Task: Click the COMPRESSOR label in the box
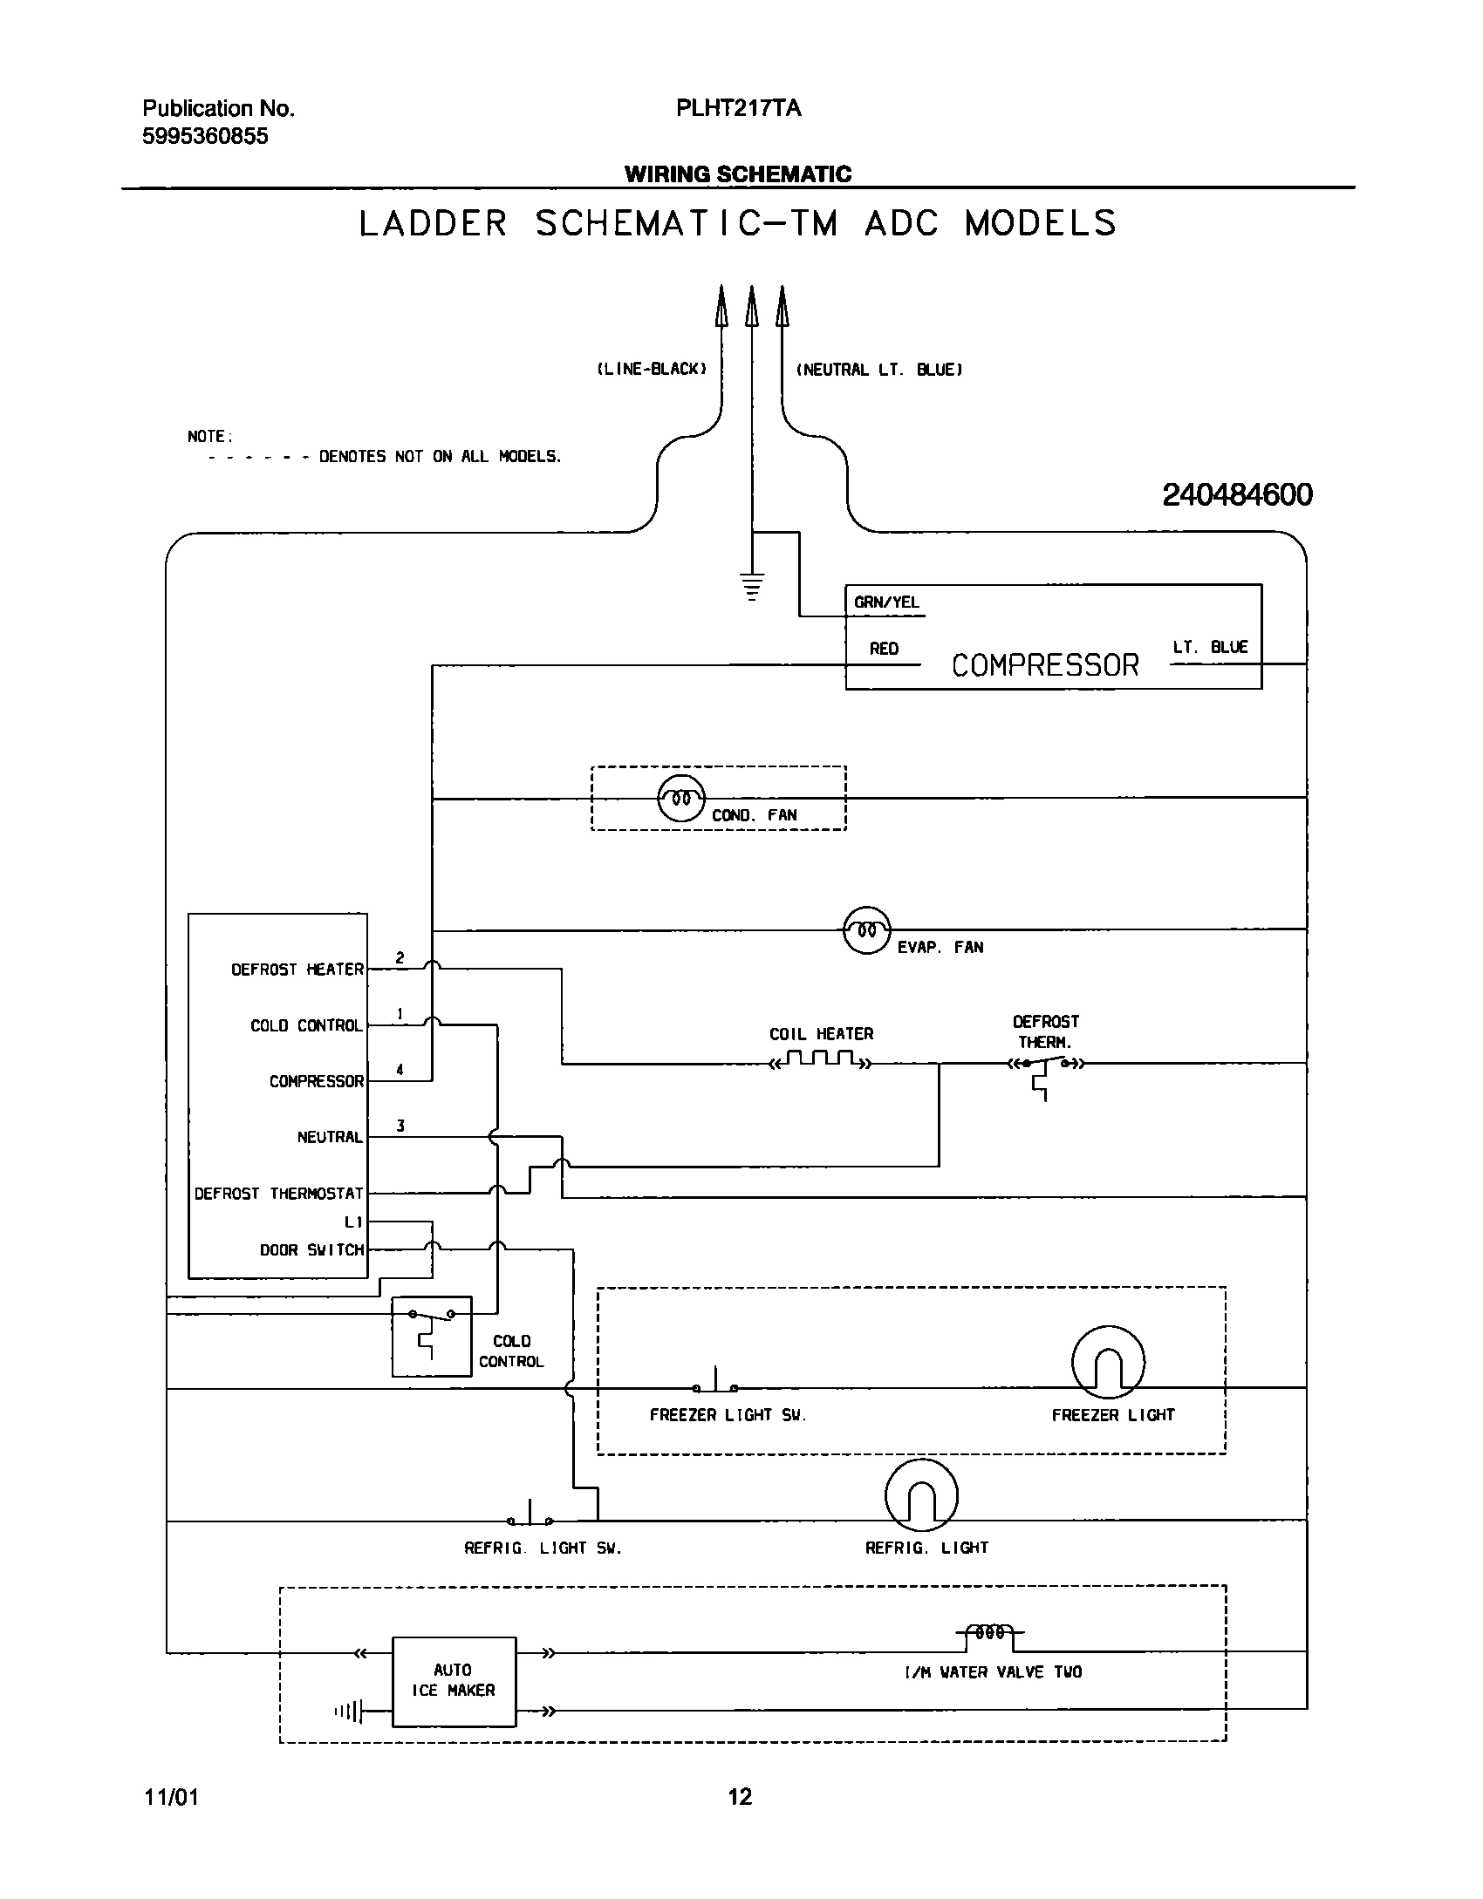click(x=1044, y=665)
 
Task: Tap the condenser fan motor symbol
click(x=680, y=798)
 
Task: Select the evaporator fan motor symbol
click(x=866, y=929)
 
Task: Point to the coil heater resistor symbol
click(x=820, y=1061)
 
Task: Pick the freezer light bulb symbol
click(x=1107, y=1362)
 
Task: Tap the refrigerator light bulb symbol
click(x=921, y=1494)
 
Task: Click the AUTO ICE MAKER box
click(x=454, y=1680)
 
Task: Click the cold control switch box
click(x=431, y=1336)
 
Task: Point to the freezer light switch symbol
click(x=715, y=1385)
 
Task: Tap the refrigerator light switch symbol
click(x=530, y=1518)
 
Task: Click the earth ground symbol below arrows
click(x=751, y=587)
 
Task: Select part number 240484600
click(x=1236, y=495)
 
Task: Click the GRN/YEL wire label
click(x=886, y=602)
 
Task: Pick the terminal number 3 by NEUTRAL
click(x=400, y=1126)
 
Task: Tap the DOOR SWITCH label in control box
click(x=311, y=1249)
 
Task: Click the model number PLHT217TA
click(x=738, y=109)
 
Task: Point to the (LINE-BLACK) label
click(x=651, y=370)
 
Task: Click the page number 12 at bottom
click(x=739, y=1796)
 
